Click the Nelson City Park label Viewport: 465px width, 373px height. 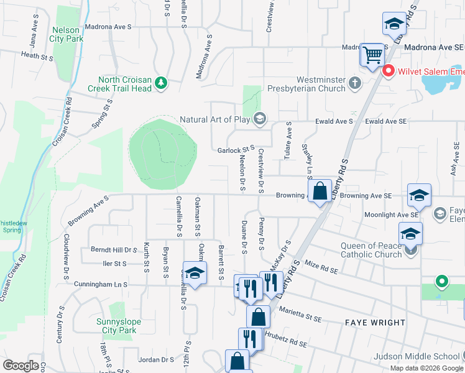[68, 34]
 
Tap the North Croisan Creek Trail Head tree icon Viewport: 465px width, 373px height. [161, 83]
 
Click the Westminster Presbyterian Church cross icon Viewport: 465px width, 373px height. [354, 83]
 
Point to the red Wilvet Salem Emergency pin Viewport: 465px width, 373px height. [389, 71]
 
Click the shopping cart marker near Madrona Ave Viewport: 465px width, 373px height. [372, 55]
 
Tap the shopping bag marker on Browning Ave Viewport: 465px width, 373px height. [320, 191]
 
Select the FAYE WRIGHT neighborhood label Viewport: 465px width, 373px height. [375, 323]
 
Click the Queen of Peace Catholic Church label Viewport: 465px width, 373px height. [371, 250]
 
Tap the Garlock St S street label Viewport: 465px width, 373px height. [236, 150]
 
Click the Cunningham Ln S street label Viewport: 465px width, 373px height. [100, 284]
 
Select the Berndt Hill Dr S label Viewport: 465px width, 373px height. [114, 249]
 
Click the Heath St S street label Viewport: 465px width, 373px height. [38, 55]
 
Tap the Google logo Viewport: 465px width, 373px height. [21, 366]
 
